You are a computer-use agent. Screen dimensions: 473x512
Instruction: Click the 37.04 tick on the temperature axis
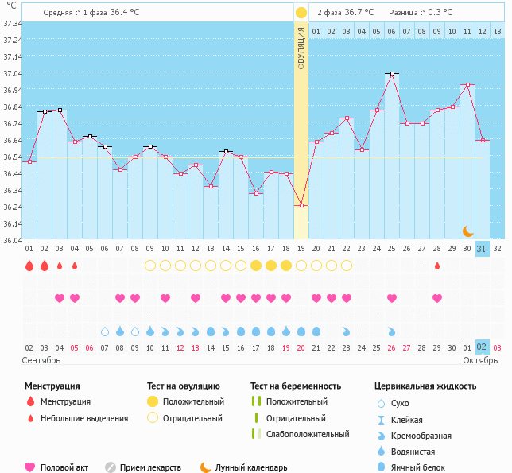(12, 74)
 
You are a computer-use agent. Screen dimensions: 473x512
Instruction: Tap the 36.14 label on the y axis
(12, 224)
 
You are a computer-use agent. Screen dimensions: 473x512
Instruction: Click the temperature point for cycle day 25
(391, 73)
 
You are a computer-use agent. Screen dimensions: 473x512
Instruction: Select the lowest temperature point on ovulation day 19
(301, 205)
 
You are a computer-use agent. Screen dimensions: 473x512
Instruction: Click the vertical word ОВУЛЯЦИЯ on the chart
(301, 48)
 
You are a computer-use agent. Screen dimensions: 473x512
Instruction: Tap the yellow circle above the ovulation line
(301, 13)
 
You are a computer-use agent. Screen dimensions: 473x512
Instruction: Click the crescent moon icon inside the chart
(468, 231)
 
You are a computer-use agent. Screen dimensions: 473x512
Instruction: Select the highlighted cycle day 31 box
(482, 248)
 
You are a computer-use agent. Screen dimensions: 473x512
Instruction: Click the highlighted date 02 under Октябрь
(482, 347)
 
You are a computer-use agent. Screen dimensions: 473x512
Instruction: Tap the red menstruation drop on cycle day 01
(29, 266)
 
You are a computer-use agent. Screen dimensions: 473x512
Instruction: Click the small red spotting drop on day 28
(436, 266)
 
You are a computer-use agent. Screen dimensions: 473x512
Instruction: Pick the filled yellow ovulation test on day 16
(256, 266)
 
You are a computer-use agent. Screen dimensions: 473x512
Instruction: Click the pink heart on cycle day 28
(436, 298)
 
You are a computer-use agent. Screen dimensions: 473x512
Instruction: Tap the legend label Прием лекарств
(150, 467)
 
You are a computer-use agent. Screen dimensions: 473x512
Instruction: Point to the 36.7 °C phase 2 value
(363, 13)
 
